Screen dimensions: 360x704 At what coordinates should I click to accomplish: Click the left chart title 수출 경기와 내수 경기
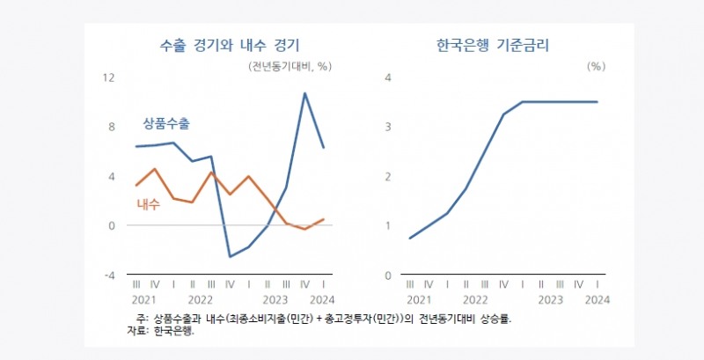coord(230,43)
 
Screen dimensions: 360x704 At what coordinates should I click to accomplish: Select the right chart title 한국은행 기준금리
coord(498,43)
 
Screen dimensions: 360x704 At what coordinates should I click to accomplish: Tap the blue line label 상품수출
coord(166,124)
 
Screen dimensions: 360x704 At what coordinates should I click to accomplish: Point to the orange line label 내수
coord(148,204)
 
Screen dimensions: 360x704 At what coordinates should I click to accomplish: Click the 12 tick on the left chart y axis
coord(109,77)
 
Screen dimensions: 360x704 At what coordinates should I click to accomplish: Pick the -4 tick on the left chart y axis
coord(109,276)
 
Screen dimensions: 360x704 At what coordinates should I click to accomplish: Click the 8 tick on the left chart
coord(111,127)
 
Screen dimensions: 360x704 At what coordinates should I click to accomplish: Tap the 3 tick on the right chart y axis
coord(387,127)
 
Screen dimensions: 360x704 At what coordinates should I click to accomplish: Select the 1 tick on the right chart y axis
coord(387,226)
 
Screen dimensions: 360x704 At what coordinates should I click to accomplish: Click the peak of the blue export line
coord(304,93)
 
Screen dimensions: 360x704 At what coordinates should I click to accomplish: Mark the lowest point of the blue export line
coord(230,257)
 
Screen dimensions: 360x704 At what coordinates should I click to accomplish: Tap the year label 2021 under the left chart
coord(145,299)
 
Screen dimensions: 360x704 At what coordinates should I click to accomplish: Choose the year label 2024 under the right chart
coord(597,299)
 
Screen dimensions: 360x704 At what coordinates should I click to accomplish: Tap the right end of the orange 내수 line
coord(324,219)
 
